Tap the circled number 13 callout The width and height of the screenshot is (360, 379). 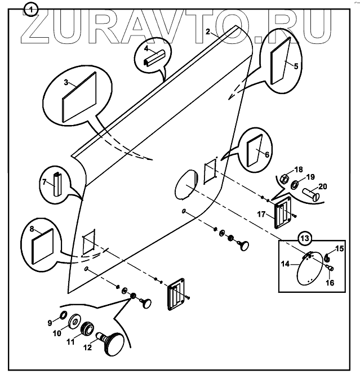(x=304, y=238)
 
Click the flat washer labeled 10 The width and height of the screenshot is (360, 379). (x=74, y=323)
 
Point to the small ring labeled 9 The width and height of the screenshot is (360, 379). (x=63, y=314)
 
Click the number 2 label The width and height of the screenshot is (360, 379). (x=208, y=33)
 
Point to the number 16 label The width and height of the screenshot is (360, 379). (x=330, y=283)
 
